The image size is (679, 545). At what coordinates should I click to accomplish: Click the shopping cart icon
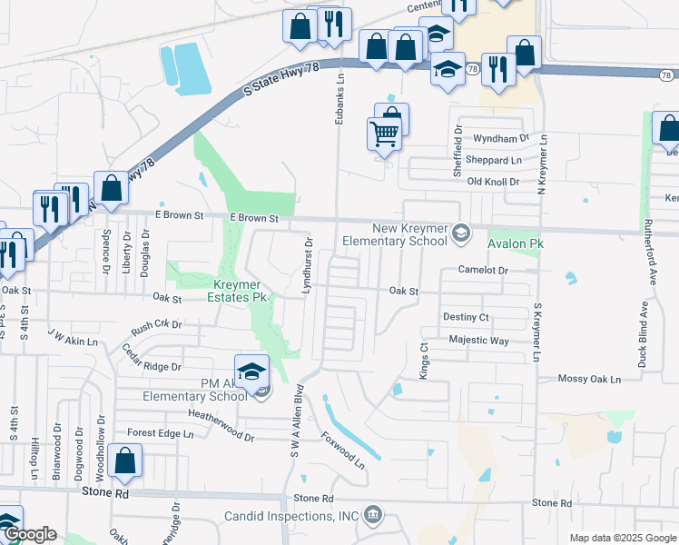pos(385,134)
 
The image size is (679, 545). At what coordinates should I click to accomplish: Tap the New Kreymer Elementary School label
pos(396,234)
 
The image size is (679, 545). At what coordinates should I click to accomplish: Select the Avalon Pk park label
pos(514,244)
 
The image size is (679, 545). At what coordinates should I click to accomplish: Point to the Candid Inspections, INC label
pos(292,517)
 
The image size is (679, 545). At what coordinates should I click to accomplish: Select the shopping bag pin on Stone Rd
pos(124,462)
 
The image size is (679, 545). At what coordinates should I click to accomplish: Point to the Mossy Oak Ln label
pos(589,379)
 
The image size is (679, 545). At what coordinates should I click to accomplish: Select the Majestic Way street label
pos(478,340)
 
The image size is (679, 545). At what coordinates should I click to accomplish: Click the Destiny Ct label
pos(466,317)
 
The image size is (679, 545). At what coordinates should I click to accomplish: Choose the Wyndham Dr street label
pos(501,139)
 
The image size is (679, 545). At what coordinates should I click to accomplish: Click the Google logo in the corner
pos(29,535)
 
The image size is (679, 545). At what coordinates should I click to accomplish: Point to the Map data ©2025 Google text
pos(622,538)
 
